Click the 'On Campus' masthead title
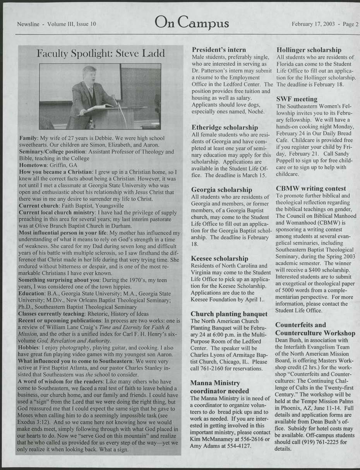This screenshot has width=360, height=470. tap(192, 24)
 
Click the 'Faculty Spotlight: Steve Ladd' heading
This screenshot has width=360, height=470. tap(100, 53)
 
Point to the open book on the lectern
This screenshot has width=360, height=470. tap(99, 107)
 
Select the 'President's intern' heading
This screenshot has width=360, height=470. tap(219, 50)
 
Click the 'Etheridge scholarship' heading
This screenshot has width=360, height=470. tap(225, 127)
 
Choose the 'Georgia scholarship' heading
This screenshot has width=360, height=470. tap(222, 190)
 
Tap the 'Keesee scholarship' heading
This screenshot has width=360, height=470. tap(219, 258)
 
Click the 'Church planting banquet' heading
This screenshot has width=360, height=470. tap(230, 314)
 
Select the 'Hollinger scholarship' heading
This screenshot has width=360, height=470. tap(309, 50)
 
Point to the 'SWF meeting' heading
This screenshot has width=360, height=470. tap(297, 99)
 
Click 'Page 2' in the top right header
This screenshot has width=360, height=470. tap(351, 24)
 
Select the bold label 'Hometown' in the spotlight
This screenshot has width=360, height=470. tap(33, 164)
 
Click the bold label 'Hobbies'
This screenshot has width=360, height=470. tap(29, 348)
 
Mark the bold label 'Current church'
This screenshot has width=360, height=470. tap(38, 205)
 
